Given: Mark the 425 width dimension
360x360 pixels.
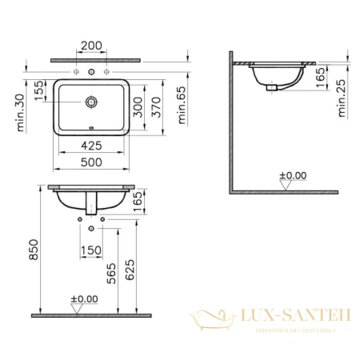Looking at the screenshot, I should coord(91,146).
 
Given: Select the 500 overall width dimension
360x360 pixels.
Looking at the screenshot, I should coord(91,160).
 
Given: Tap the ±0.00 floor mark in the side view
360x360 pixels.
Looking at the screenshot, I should coord(290,174).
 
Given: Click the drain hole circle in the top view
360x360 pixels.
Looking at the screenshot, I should coord(91,102).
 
